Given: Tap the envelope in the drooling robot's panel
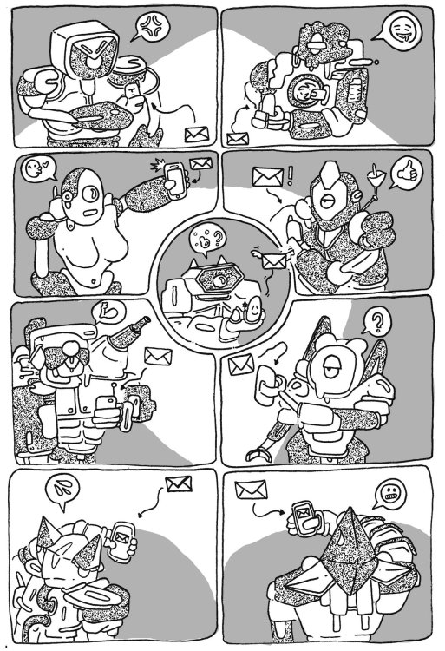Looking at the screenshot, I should pyautogui.click(x=235, y=139).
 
